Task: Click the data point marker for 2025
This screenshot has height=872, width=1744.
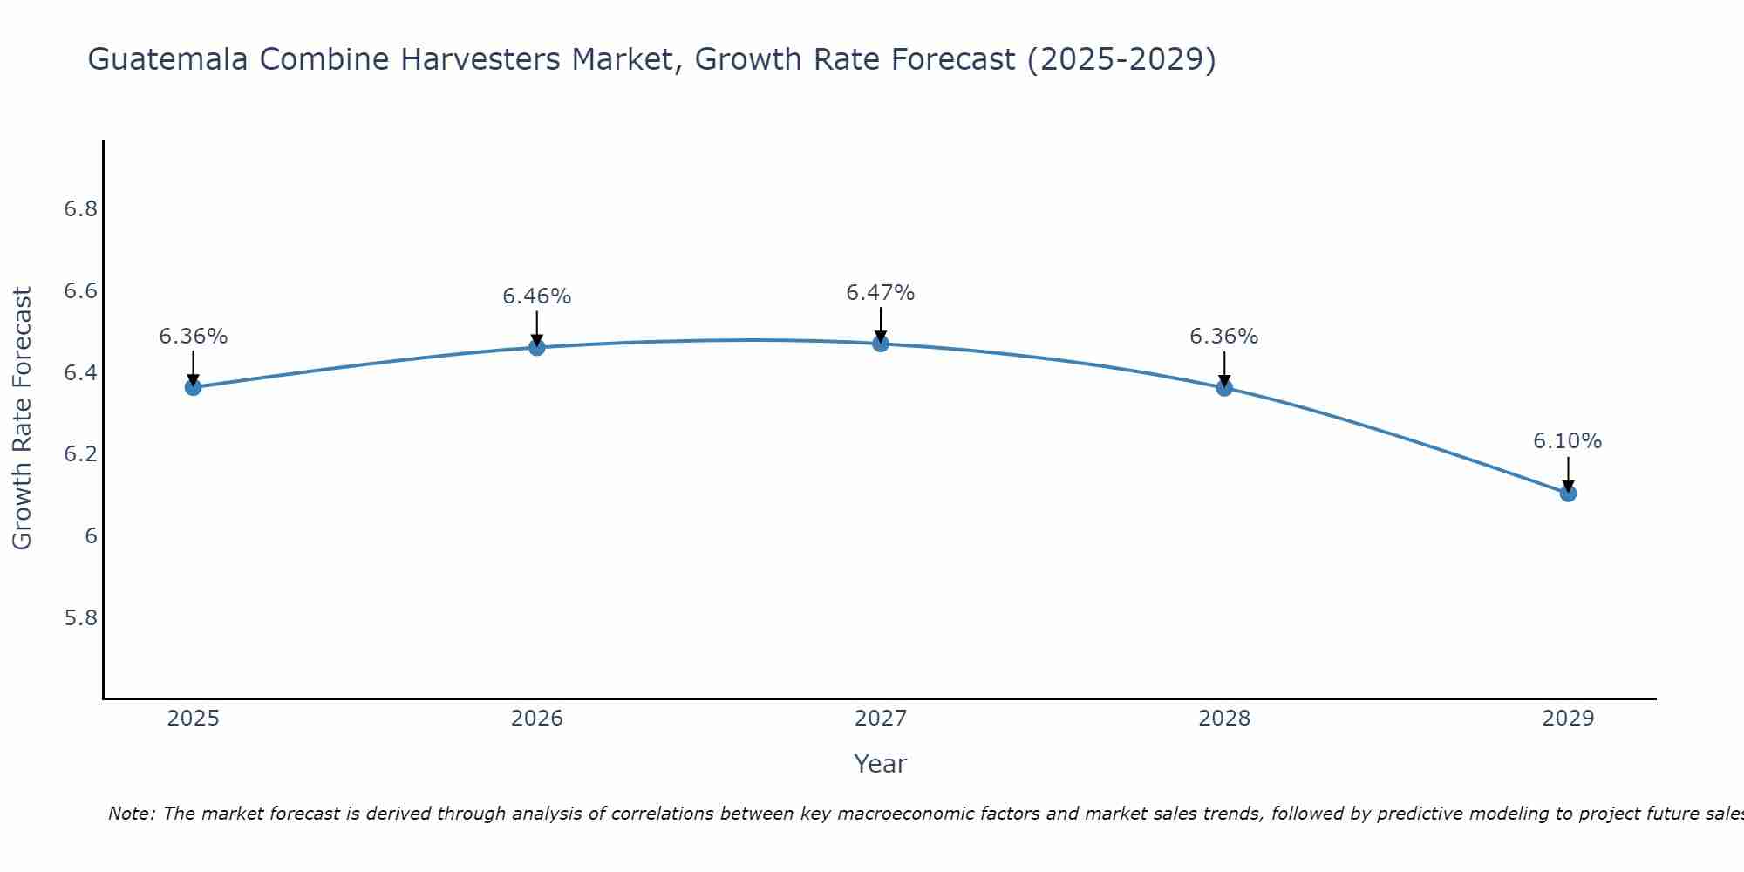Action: point(193,387)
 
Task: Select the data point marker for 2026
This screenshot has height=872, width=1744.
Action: point(537,347)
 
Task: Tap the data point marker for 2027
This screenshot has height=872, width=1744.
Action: point(881,344)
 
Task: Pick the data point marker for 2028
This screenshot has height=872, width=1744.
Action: point(1224,387)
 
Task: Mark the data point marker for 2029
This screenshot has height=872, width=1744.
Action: point(1568,494)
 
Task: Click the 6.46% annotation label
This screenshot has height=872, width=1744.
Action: point(537,296)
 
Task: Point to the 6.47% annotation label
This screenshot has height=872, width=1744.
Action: point(881,293)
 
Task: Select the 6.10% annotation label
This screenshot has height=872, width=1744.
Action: point(1568,441)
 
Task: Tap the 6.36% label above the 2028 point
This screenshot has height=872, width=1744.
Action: point(1224,337)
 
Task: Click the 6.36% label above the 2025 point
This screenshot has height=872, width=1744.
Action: point(193,337)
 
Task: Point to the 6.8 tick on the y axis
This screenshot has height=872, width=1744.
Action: point(81,209)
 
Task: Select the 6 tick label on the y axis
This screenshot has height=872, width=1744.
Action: point(91,536)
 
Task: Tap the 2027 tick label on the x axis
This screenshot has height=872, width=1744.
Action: point(881,719)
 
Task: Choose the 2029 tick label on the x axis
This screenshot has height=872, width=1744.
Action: point(1568,719)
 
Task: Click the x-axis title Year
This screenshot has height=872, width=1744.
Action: point(881,764)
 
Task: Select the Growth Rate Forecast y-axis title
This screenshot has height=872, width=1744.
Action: point(22,419)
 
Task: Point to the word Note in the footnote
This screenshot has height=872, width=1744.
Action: point(131,814)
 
